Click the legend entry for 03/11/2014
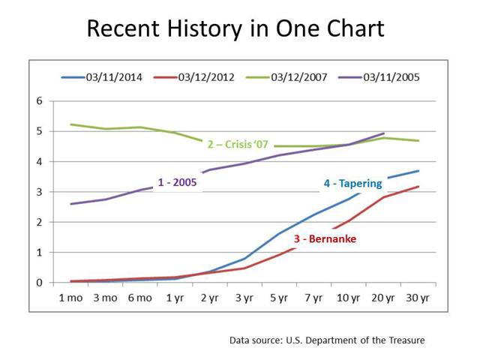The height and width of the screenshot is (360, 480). point(102,77)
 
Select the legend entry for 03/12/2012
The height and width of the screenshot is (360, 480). point(194,77)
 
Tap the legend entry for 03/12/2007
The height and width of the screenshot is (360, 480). point(286,77)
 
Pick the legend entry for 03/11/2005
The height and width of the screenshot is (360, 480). point(379,77)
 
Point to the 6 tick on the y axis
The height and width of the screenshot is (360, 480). point(39,100)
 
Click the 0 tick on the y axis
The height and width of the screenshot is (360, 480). point(39,283)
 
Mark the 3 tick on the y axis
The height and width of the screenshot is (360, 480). point(39,192)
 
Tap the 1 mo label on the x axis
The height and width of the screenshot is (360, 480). point(70,298)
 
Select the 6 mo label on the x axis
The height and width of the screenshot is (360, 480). point(140,298)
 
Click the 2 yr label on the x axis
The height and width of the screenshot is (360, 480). point(210,298)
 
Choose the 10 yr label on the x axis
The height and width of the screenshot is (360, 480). point(348,298)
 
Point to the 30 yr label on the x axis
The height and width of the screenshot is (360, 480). point(418,298)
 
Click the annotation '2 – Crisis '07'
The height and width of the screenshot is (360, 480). point(238,144)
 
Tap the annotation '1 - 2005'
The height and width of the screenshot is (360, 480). point(177,182)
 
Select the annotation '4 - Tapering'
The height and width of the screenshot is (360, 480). point(353,184)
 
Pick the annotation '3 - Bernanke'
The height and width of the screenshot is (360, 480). point(325,238)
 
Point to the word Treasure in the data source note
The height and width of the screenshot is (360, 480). point(406,340)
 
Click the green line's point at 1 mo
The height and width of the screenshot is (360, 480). point(70,124)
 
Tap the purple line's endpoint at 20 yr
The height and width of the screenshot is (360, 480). point(383,133)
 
